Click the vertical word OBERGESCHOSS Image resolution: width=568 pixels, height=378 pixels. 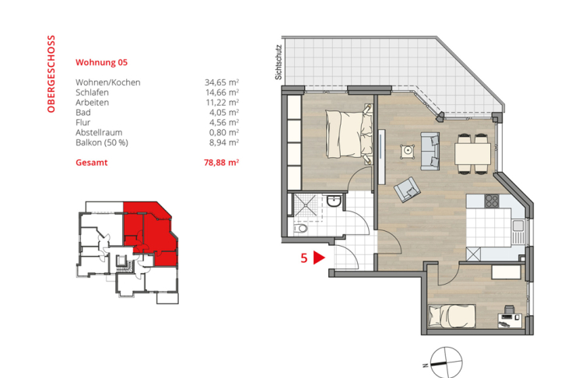point(51,74)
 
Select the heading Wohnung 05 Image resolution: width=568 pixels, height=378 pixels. point(101,61)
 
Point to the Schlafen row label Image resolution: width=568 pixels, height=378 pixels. point(92,93)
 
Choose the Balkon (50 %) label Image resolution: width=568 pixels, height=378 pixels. point(101,142)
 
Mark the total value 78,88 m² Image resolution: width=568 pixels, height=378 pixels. point(221,163)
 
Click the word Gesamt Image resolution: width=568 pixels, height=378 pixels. point(91,163)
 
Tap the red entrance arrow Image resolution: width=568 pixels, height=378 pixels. point(318,259)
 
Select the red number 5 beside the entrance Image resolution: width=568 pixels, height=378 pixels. point(303,259)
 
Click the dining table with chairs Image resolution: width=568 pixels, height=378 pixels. point(472,153)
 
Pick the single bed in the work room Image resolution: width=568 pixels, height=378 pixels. point(454,315)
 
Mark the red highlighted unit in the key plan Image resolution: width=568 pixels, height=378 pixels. point(148,229)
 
